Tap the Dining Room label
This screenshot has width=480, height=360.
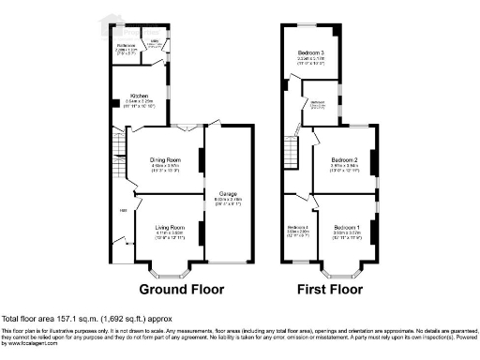(165, 159)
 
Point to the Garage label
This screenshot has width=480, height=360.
(229, 194)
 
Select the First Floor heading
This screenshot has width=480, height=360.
(330, 289)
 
